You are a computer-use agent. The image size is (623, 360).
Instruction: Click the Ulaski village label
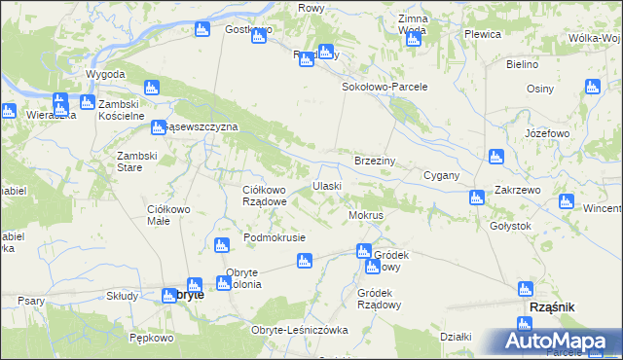tap(326, 186)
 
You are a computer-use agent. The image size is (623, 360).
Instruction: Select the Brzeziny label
tap(373, 160)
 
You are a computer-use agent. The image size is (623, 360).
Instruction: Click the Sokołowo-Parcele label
tap(385, 87)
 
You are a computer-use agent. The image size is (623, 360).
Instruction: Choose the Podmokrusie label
tap(275, 237)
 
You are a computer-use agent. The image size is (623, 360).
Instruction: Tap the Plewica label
tap(482, 34)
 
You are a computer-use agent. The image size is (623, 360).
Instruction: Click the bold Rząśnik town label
tap(550, 306)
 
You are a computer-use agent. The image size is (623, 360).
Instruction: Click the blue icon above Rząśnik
tap(526, 289)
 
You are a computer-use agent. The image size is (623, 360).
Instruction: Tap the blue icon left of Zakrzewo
tap(476, 198)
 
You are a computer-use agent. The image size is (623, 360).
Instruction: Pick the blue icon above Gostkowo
tap(202, 29)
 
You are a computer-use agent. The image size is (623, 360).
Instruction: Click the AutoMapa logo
tap(559, 341)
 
